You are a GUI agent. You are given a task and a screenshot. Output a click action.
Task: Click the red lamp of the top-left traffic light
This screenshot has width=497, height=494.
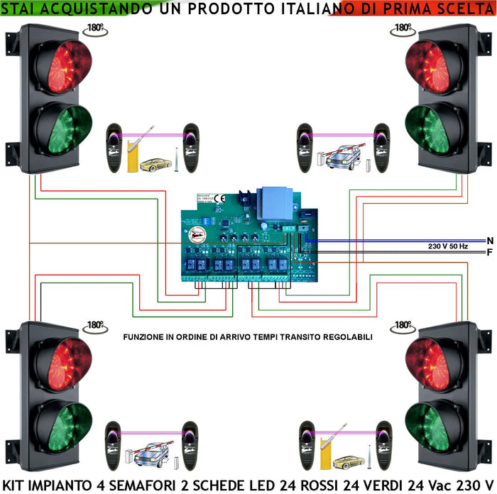pos(65,67)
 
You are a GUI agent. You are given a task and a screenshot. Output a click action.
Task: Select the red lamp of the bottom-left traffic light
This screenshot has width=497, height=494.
pos(65,361)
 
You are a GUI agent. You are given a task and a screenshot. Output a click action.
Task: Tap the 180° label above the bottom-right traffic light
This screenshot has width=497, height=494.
pos(403,325)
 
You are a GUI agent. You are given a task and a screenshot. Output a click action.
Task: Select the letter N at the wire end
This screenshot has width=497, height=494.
pos(490,241)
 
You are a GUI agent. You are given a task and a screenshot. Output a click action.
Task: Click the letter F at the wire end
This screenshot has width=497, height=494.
pos(490,253)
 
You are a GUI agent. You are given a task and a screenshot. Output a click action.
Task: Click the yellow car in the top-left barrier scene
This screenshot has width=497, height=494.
pos(155,165)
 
